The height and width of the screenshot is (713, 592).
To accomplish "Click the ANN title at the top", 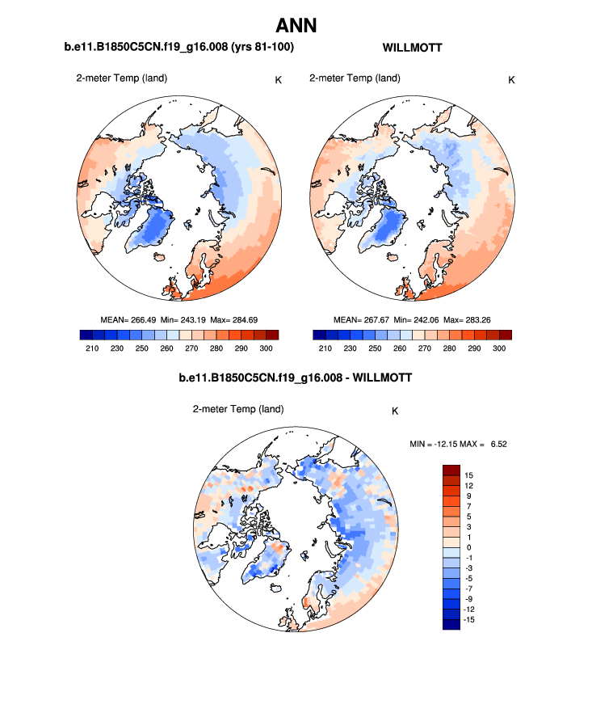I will (296, 25).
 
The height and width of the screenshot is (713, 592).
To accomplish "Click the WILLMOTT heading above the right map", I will (412, 49).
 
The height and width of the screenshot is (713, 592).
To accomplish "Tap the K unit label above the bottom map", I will (395, 411).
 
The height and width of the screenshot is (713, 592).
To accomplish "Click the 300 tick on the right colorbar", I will (499, 348).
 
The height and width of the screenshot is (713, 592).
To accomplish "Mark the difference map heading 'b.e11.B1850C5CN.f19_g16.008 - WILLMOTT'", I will (295, 378).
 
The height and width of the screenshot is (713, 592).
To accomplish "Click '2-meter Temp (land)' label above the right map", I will (355, 78).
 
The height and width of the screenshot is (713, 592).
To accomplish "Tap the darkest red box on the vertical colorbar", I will (451, 470).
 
